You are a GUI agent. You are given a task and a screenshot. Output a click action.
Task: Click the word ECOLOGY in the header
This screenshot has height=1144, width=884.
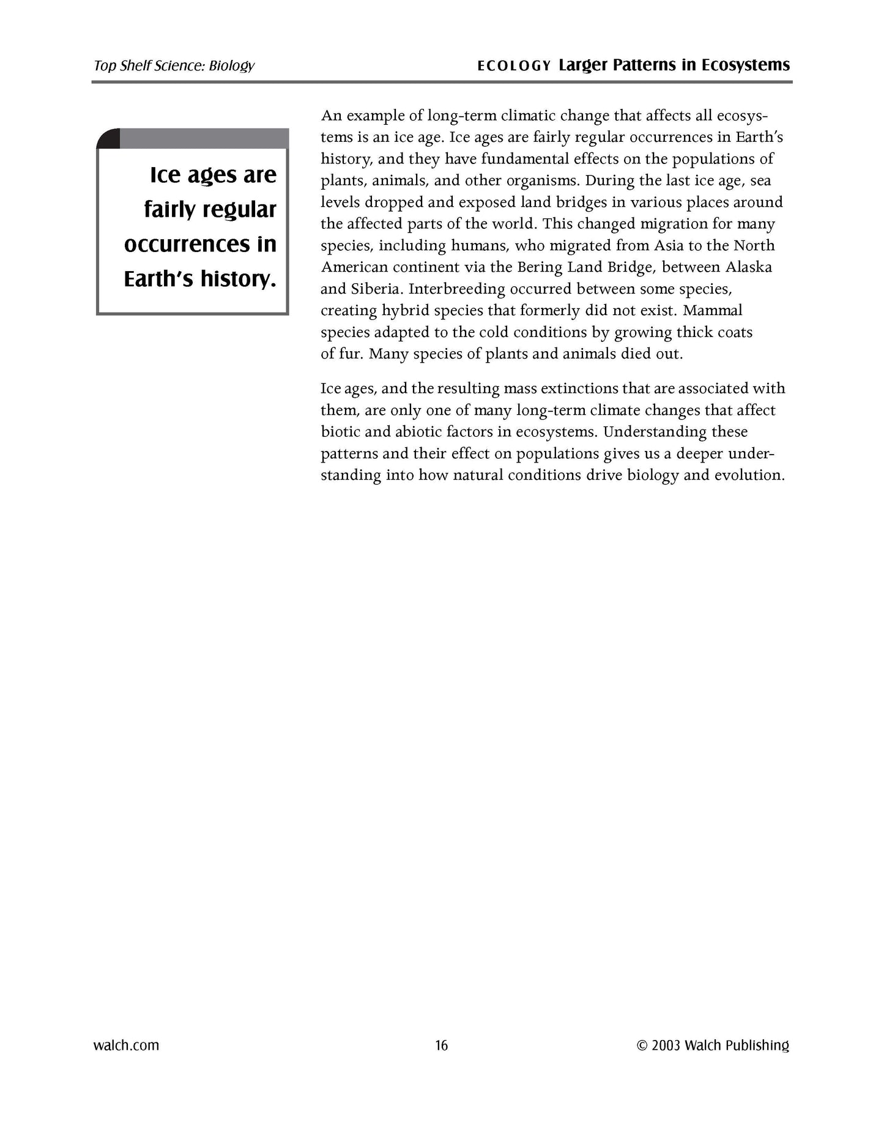point(514,66)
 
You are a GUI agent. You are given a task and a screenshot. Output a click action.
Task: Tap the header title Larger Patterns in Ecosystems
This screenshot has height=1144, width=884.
point(674,65)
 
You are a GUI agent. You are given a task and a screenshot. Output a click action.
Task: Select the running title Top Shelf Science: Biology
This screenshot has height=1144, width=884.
point(174,66)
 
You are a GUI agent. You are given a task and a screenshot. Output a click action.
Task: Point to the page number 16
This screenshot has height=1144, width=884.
point(441,1046)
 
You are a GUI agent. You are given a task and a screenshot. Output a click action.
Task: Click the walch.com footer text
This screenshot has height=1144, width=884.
point(126,1046)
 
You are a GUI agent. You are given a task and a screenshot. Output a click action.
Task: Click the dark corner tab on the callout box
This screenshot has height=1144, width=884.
point(109,139)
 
